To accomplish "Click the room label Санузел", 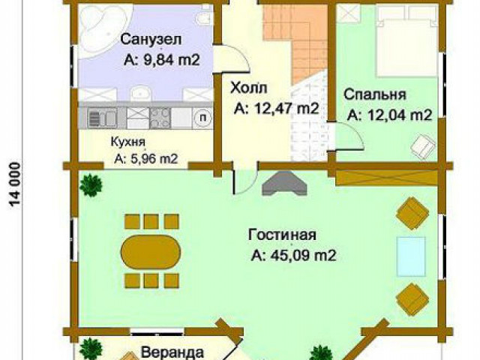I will (151, 38).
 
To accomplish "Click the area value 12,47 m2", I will (276, 109).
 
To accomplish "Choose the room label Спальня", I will (375, 94).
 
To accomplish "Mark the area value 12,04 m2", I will (390, 115).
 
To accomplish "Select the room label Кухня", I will (129, 140).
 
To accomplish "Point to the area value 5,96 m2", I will (146, 158).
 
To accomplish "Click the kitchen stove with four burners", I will (160, 118).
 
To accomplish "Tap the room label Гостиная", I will (278, 233).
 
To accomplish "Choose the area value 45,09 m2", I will (293, 256).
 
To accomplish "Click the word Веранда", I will (172, 352).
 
